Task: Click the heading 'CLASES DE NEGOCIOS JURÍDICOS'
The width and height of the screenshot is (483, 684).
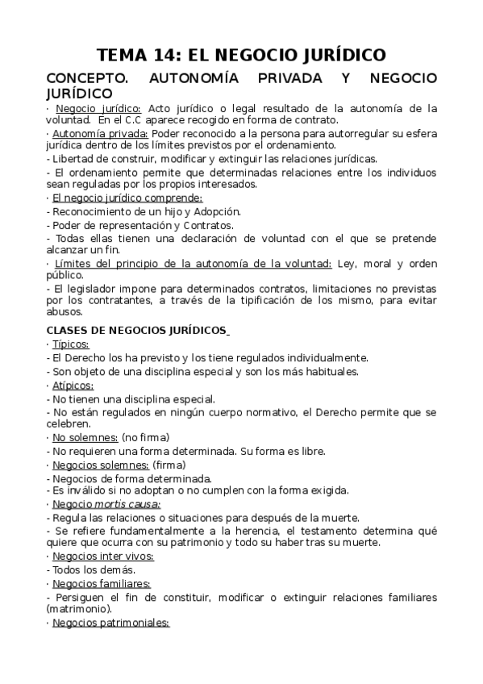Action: coord(137,330)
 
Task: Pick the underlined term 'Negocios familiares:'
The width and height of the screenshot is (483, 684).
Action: coord(102,583)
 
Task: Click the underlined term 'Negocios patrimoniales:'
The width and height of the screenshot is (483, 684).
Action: coord(110,623)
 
